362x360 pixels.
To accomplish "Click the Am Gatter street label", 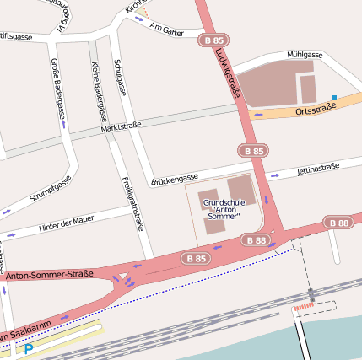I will point(165,31).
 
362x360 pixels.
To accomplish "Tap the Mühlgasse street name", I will point(305,55).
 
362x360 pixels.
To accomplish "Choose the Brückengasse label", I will point(175,178).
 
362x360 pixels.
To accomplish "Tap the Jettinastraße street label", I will point(318,169).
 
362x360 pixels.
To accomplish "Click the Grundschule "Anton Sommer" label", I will point(224,210).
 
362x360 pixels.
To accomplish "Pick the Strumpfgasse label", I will point(51,187).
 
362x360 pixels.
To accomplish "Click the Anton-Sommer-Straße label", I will point(49,275).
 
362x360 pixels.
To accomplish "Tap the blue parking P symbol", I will point(29,348).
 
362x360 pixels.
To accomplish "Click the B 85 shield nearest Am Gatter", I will point(213,40).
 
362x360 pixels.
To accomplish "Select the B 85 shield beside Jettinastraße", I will point(254,151).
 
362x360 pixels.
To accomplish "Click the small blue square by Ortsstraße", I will point(334,99).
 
